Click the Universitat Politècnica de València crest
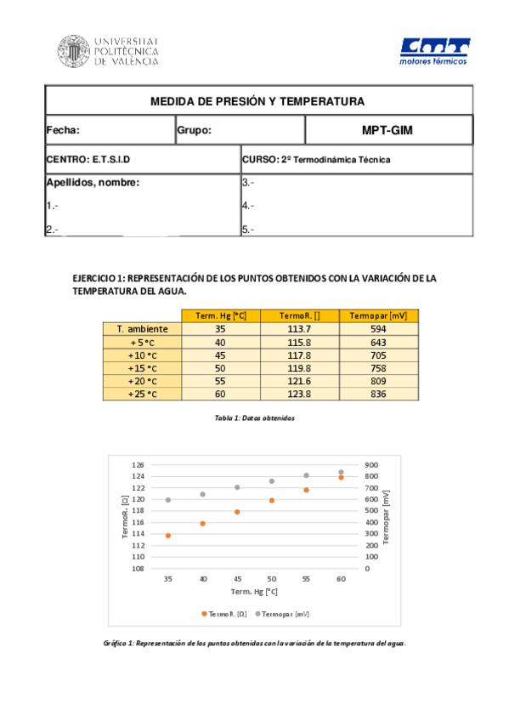coord(73,51)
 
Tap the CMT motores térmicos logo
coord(434,51)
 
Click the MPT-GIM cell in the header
coord(387,130)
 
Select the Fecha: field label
coord(63,130)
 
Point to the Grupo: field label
coord(194,130)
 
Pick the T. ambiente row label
coord(142,329)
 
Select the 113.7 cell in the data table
coord(298,329)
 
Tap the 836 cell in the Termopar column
coord(378,394)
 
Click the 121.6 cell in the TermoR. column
coord(298,381)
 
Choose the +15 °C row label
coord(142,368)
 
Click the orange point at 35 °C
coord(168,536)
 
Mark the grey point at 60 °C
coord(341,472)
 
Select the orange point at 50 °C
coord(272,501)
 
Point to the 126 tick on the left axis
coord(139,465)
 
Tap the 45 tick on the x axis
coord(237,578)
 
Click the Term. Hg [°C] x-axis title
coord(254,591)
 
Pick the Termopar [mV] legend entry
coord(281,613)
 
